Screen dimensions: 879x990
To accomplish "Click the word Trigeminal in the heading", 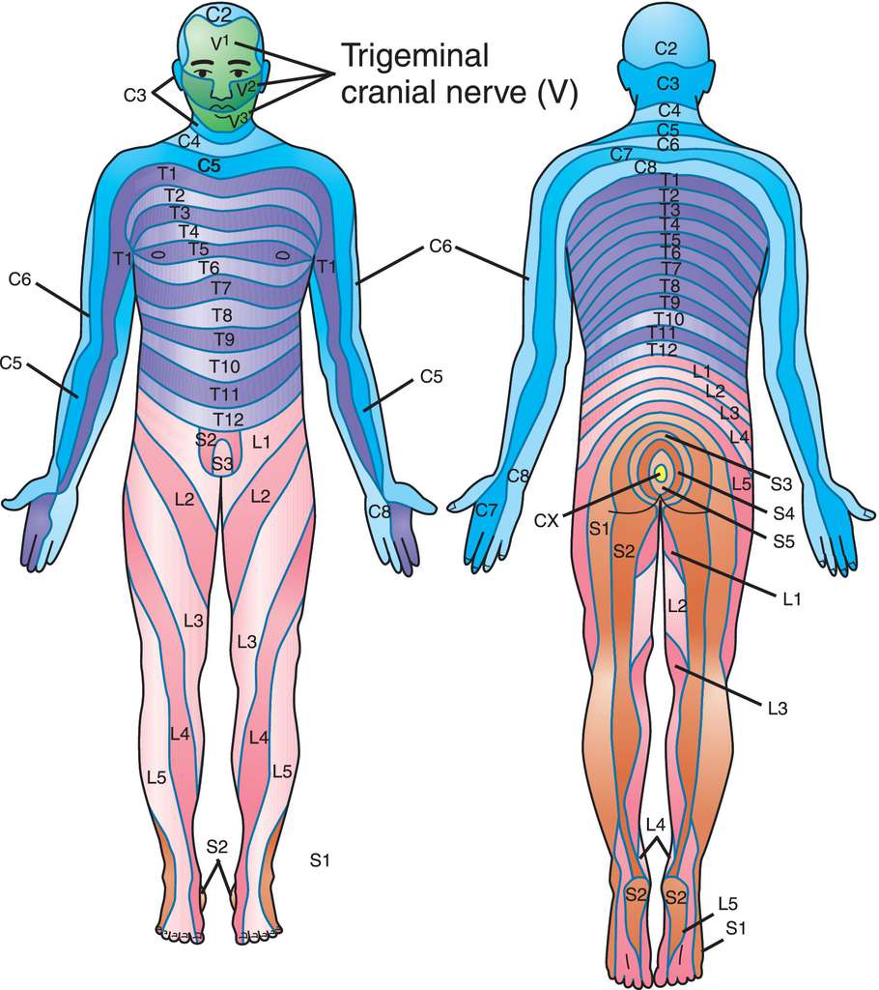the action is pos(414,56).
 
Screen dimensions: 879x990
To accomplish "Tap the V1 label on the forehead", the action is pos(222,43).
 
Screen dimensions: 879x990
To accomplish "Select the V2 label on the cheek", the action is pos(246,88).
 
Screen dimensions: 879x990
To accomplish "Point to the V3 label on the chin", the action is pos(240,118).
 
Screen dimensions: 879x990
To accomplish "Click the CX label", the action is pos(547,521).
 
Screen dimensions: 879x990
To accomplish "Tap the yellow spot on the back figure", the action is pos(661,474).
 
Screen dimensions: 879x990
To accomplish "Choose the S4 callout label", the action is pos(783,513).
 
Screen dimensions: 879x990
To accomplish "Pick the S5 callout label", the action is pos(783,541).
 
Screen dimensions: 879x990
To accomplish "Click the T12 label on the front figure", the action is pos(228,420).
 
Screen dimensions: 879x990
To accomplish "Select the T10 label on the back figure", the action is pos(668,318).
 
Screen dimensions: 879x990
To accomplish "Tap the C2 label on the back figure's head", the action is pos(666,48).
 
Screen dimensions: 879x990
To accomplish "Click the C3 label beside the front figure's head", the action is pos(134,96).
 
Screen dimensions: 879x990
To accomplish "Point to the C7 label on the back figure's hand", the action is pos(487,510).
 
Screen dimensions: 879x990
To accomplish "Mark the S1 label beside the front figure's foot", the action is pos(320,859).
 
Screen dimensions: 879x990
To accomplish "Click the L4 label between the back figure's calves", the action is pos(656,824).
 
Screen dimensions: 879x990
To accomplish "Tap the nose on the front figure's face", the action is pos(221,88).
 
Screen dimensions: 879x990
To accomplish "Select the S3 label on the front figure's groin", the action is pos(222,465).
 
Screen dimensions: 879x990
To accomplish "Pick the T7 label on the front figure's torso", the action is pos(221,288).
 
